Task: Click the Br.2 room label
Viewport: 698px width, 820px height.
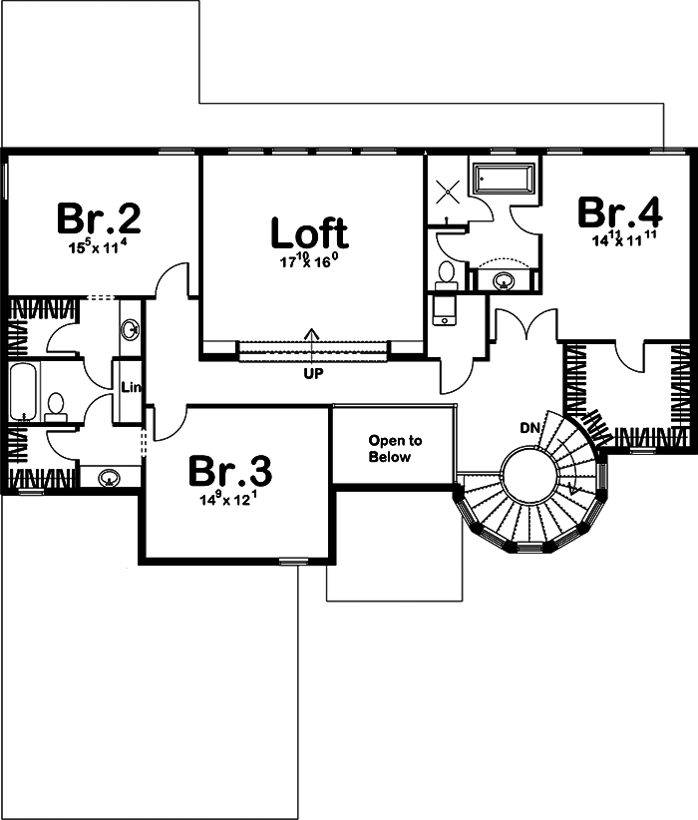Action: click(x=98, y=217)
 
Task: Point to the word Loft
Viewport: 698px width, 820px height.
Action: click(x=309, y=232)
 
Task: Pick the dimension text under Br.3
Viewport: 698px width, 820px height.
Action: click(x=230, y=498)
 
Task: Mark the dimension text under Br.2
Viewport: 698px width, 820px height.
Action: click(x=98, y=245)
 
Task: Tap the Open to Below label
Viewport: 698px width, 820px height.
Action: click(x=396, y=448)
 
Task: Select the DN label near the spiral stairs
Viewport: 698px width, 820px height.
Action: click(x=530, y=428)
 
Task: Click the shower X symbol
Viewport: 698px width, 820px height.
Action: click(x=447, y=190)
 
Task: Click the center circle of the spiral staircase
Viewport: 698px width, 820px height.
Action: click(x=528, y=471)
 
